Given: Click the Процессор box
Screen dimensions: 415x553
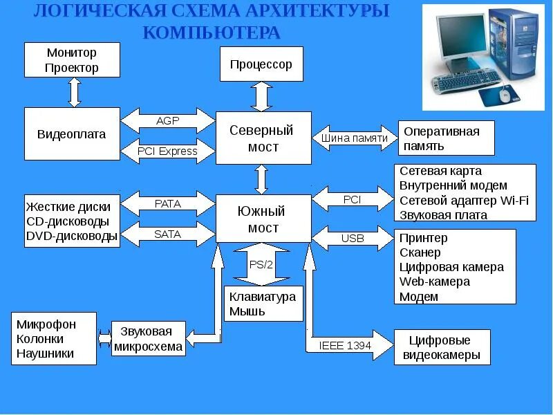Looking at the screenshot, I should pos(261,64).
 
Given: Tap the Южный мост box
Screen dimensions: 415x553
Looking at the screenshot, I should pos(261,219).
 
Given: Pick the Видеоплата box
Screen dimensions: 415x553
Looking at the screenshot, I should pos(72,135).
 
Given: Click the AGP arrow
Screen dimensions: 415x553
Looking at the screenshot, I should pos(168,121).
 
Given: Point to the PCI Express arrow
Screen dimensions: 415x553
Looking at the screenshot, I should pos(168,151).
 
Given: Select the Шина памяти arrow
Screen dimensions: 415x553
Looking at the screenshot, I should pos(355,138).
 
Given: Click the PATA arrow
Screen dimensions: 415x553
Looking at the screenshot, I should pos(168,204).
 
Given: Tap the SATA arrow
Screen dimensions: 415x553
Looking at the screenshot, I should pos(168,234).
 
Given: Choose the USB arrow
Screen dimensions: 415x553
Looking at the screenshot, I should pos(353,239).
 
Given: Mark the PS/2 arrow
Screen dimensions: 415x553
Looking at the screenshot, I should pos(261,264).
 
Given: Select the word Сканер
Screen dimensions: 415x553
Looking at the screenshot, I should pos(420,252).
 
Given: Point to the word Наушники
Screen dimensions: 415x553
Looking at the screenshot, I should pos(45,354).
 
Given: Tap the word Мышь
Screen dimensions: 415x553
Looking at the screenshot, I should pos(247,311).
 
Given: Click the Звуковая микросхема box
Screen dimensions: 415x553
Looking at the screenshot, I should pos(149,338).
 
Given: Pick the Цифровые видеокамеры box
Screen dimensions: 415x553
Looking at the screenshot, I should pos(442,347).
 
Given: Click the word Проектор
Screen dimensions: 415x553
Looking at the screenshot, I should pos(72,68).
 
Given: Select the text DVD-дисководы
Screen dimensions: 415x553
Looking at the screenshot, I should pos(72,236).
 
